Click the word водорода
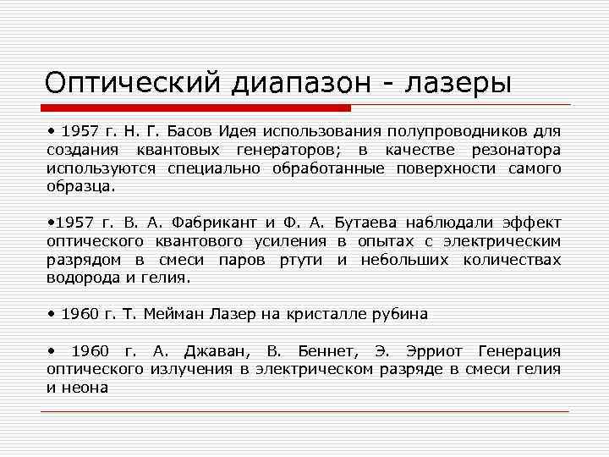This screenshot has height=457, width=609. pyautogui.click(x=83, y=277)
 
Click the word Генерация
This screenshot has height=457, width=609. pyautogui.click(x=519, y=350)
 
